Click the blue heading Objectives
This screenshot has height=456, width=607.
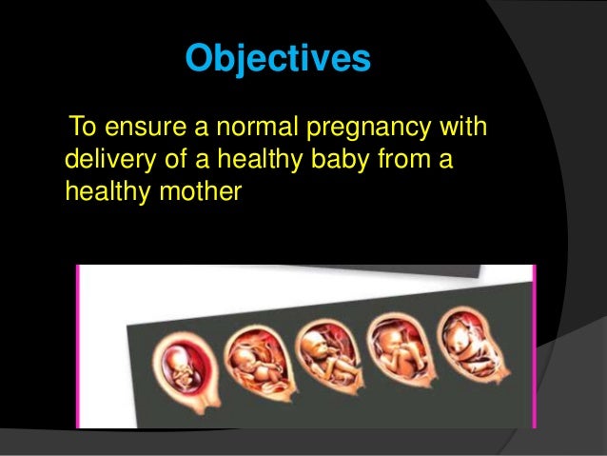(x=277, y=59)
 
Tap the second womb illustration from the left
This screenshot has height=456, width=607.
(x=252, y=362)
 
